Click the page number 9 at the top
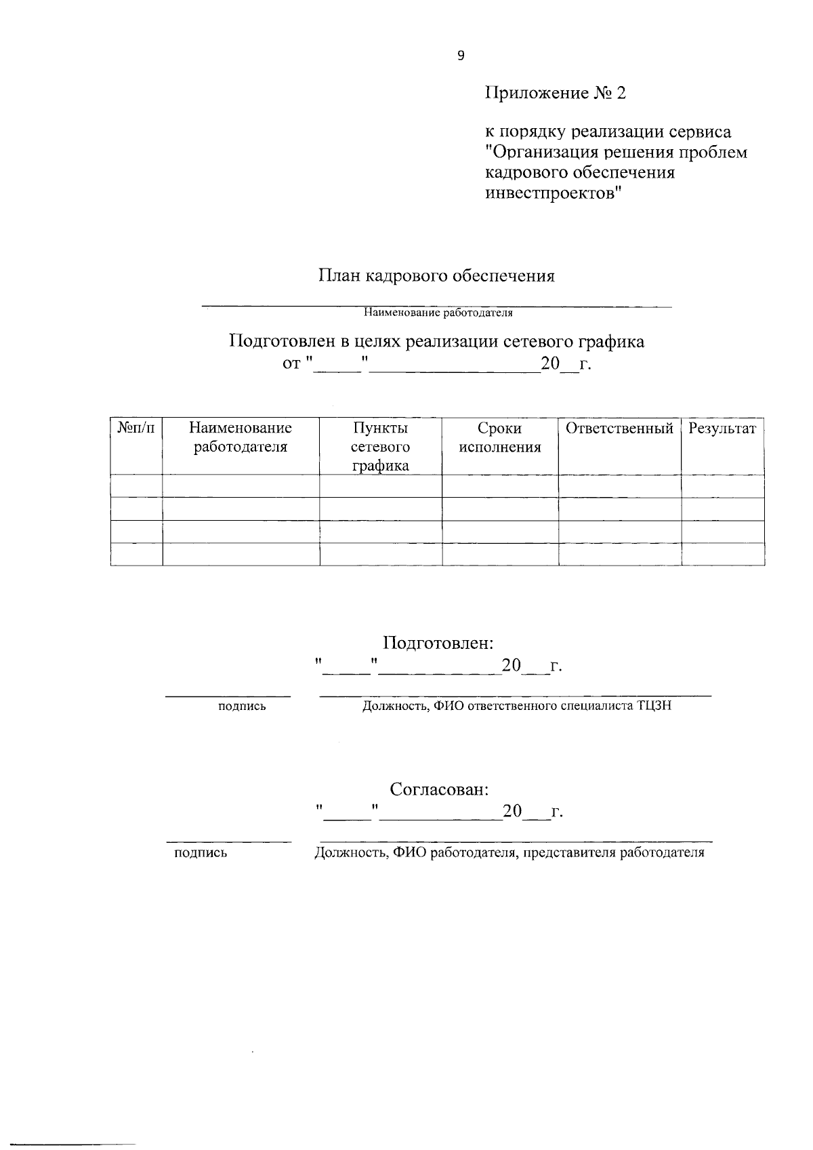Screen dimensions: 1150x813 [461, 56]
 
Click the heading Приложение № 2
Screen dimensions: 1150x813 [555, 93]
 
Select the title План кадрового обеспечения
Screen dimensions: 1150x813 [437, 276]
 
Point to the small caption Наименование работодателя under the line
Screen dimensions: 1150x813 [438, 313]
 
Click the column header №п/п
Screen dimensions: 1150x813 [136, 429]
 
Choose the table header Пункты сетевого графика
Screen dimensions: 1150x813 [380, 447]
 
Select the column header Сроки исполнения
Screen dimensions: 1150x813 [499, 437]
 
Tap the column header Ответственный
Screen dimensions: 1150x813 [619, 429]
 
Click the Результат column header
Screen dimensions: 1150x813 [722, 429]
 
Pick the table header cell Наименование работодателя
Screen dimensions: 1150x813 [241, 437]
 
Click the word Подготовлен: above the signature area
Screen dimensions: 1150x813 [438, 642]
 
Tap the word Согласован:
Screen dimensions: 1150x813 [439, 789]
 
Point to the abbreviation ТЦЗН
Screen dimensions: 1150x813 [654, 706]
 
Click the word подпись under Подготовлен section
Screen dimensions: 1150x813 [242, 707]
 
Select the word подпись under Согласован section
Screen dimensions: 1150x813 [201, 853]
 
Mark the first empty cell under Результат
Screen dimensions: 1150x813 [722, 485]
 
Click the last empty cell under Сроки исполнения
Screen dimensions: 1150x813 [500, 554]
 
